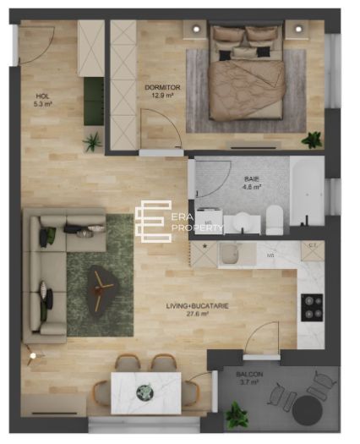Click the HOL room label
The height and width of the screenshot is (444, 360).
[43, 100]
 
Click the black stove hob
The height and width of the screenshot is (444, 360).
[312, 305]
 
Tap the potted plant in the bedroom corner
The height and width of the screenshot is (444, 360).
[313, 140]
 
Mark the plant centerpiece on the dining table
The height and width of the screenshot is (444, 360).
[145, 392]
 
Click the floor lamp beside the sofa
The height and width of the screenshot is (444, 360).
[32, 357]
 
